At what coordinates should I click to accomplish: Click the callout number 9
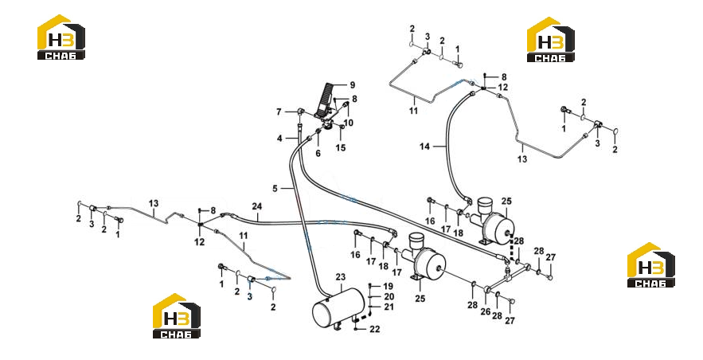pyautogui.click(x=353, y=85)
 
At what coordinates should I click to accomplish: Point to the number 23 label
pyautogui.click(x=341, y=277)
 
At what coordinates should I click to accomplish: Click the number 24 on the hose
pyautogui.click(x=257, y=206)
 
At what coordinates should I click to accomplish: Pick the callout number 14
pyautogui.click(x=424, y=147)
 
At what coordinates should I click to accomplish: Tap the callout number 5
pyautogui.click(x=275, y=189)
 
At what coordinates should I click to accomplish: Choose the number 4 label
pyautogui.click(x=279, y=139)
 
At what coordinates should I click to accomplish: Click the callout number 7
pyautogui.click(x=279, y=112)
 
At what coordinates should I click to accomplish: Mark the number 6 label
pyautogui.click(x=318, y=154)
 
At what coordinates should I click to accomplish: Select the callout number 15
pyautogui.click(x=341, y=147)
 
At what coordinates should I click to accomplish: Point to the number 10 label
pyautogui.click(x=349, y=123)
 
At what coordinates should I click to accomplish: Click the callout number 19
pyautogui.click(x=388, y=286)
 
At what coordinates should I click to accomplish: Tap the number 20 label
pyautogui.click(x=389, y=297)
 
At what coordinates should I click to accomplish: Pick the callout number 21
pyautogui.click(x=389, y=307)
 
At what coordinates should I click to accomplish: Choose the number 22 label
pyautogui.click(x=375, y=329)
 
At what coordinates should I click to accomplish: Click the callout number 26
pyautogui.click(x=485, y=311)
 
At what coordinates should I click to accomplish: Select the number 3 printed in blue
pyautogui.click(x=250, y=296)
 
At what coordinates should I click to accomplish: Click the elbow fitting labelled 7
pyautogui.click(x=301, y=111)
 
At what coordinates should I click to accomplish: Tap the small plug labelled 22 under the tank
pyautogui.click(x=356, y=329)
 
